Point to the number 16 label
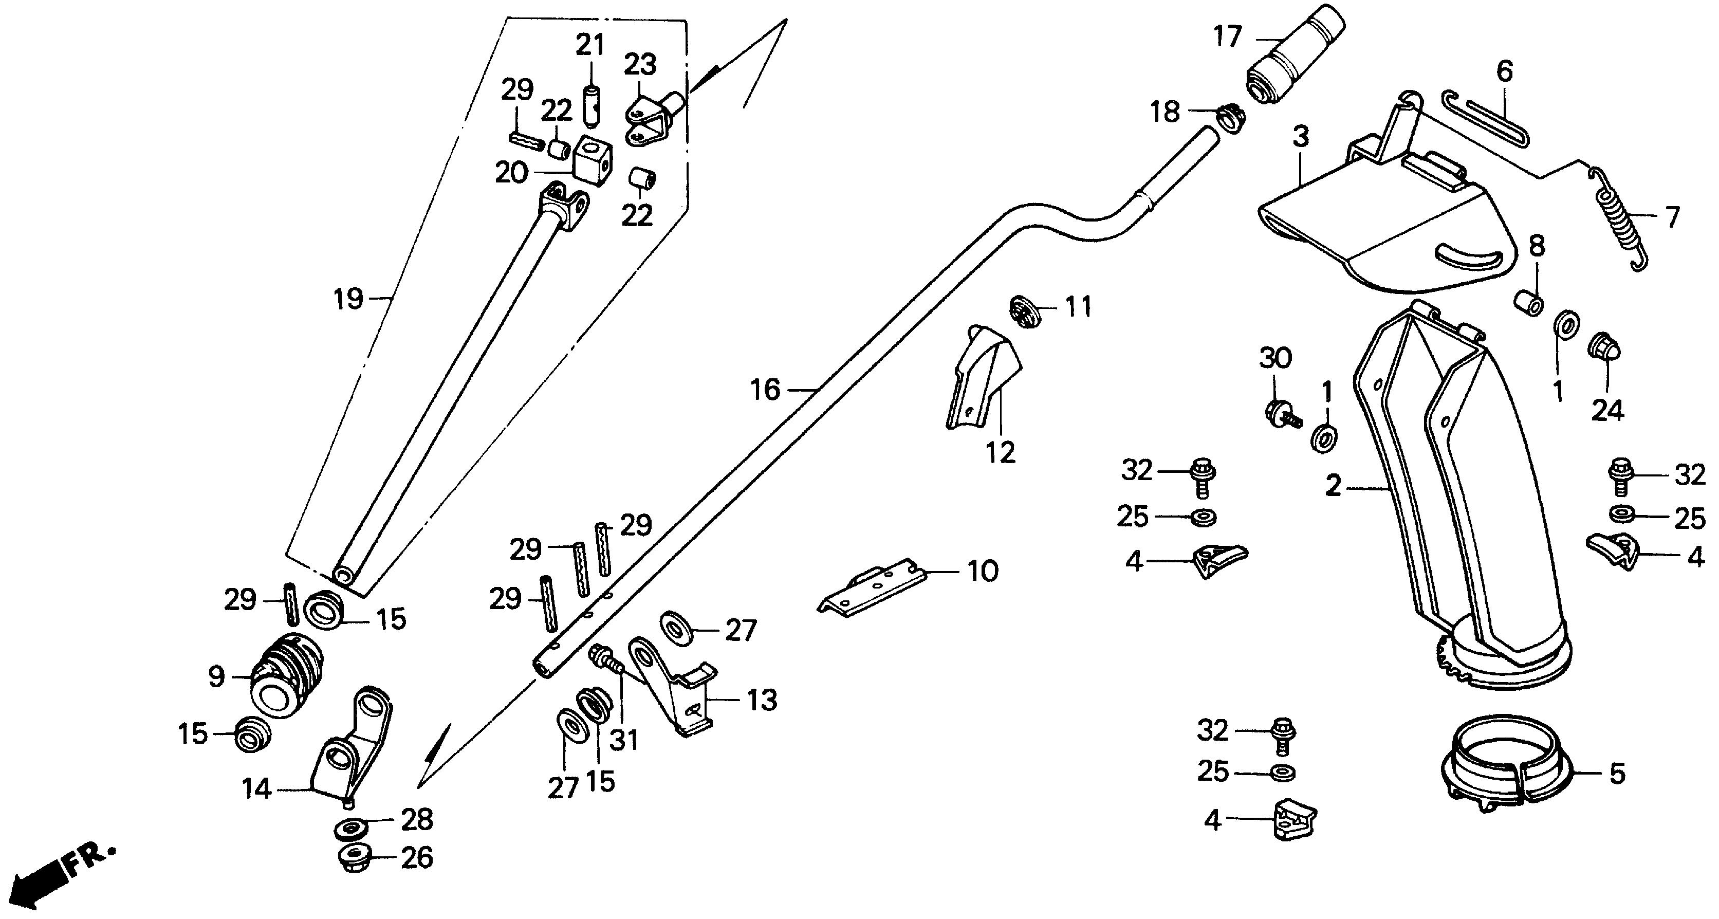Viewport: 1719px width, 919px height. click(x=765, y=389)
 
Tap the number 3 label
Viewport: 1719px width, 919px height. click(x=1301, y=137)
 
